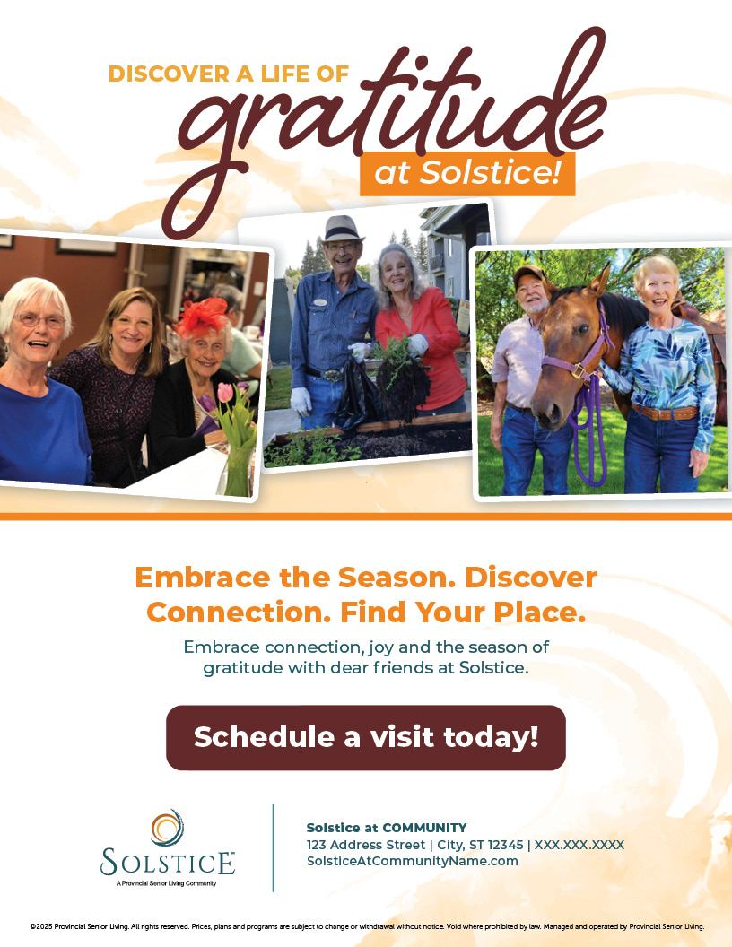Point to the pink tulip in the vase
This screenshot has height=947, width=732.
pos(224,394)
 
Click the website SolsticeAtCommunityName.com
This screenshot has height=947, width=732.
pos(412,861)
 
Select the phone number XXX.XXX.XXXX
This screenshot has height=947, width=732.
pos(579,845)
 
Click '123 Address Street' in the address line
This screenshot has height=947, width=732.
pos(362,845)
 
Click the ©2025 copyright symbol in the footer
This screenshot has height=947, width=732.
pos(32,926)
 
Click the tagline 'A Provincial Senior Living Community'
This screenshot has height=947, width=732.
pos(167,883)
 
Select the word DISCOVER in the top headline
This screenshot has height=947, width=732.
pos(169,74)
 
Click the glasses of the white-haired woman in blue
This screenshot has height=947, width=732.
pos(40,320)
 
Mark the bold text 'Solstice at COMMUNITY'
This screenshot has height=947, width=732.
pos(387,828)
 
